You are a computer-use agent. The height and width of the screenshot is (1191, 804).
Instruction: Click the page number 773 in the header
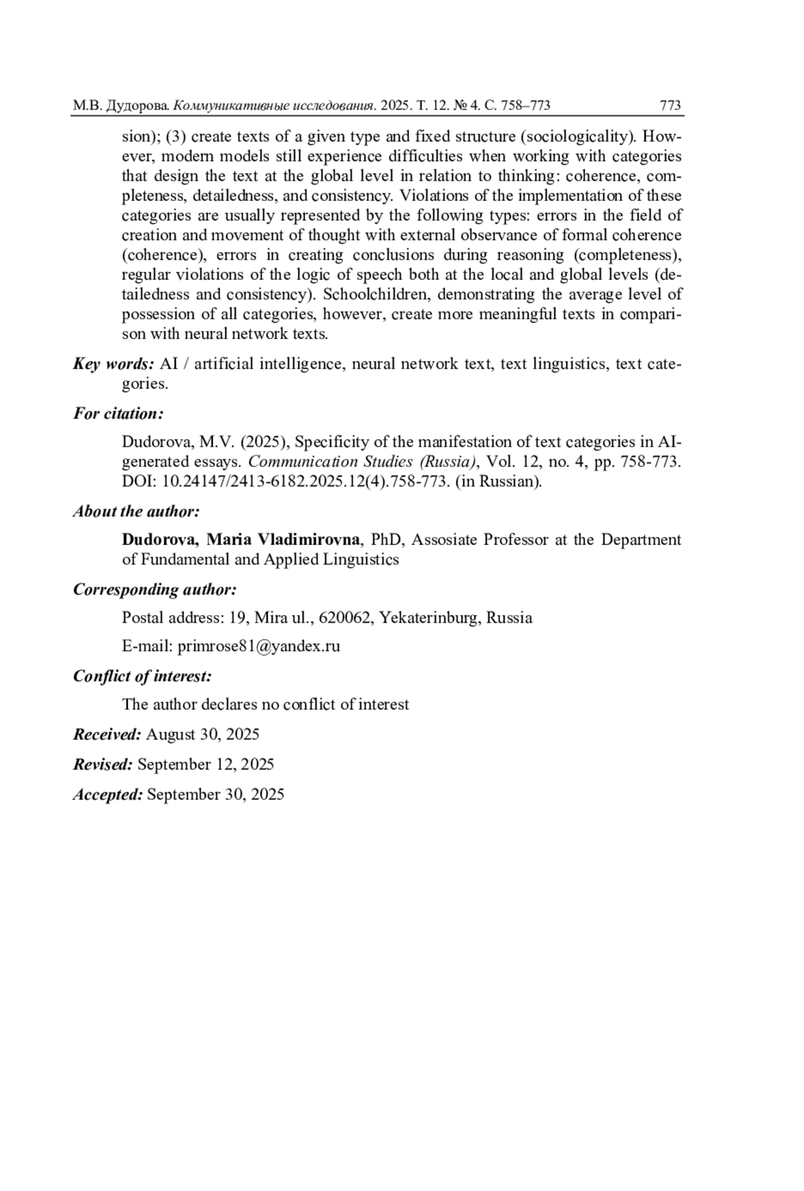click(x=670, y=105)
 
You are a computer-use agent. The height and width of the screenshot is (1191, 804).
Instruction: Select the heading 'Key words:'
click(x=113, y=364)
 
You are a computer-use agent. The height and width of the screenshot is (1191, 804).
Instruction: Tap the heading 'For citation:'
click(x=118, y=414)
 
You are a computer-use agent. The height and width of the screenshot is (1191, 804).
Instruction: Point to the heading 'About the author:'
click(x=136, y=511)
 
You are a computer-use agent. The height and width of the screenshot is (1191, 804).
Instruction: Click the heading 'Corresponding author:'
click(x=155, y=590)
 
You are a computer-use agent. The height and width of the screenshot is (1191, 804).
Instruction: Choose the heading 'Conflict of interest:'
click(x=142, y=676)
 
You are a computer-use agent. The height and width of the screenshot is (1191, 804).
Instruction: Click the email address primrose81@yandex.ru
click(x=259, y=646)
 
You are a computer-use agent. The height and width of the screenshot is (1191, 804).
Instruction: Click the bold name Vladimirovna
click(x=309, y=540)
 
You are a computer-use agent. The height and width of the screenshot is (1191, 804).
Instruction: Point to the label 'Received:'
click(x=107, y=734)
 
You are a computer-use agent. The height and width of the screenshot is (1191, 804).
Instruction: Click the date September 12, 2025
click(x=205, y=765)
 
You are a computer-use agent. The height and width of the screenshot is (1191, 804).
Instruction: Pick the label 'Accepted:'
click(x=108, y=795)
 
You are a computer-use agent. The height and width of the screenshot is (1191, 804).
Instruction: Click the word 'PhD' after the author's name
click(x=387, y=540)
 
